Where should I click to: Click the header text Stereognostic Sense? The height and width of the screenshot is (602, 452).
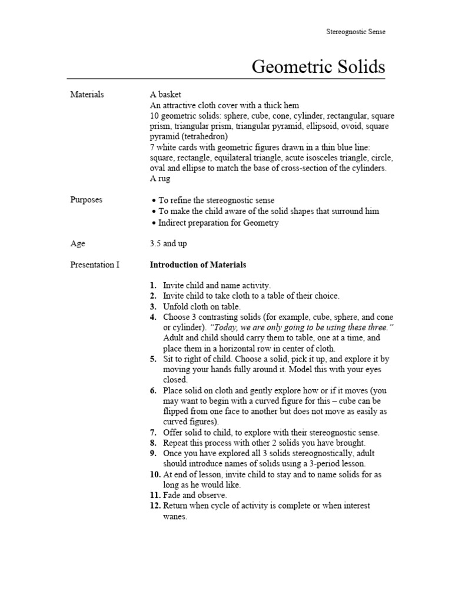click(x=355, y=32)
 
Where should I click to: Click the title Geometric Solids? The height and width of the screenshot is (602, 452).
click(x=318, y=66)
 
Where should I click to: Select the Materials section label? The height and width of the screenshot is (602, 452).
click(x=87, y=94)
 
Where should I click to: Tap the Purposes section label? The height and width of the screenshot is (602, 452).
click(x=86, y=200)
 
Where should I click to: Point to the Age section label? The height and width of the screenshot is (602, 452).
click(x=78, y=243)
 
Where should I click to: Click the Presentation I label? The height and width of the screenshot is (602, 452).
click(x=95, y=265)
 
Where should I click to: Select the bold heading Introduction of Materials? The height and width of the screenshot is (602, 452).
click(x=198, y=265)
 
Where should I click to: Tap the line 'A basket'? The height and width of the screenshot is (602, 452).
click(x=165, y=94)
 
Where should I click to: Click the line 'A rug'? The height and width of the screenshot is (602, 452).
click(x=159, y=179)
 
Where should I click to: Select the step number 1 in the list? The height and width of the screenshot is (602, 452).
click(x=152, y=285)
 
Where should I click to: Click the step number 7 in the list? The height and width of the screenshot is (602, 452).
click(x=152, y=433)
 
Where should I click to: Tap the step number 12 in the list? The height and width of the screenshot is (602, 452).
click(x=154, y=506)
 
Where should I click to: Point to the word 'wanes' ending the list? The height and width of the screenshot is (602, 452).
click(x=174, y=517)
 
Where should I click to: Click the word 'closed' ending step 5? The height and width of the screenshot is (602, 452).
click(x=174, y=380)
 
